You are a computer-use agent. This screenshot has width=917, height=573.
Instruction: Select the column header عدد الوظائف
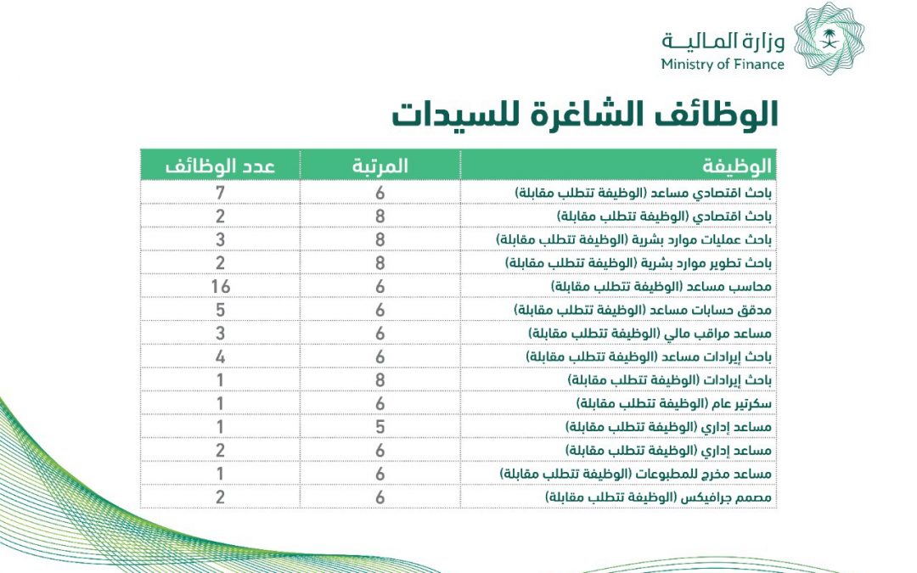point(220,166)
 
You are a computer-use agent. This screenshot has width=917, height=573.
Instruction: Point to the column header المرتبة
point(380,166)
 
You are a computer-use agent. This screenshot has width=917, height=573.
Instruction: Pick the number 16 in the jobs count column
point(220,286)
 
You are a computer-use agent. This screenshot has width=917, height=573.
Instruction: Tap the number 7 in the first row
point(220,193)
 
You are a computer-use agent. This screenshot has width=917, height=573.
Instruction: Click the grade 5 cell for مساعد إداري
point(380,425)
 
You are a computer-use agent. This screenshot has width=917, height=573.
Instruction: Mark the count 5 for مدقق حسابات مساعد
point(220,310)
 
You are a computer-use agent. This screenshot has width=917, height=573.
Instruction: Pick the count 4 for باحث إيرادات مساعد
point(220,356)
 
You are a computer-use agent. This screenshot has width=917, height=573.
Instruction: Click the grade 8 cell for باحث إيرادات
point(380,379)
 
